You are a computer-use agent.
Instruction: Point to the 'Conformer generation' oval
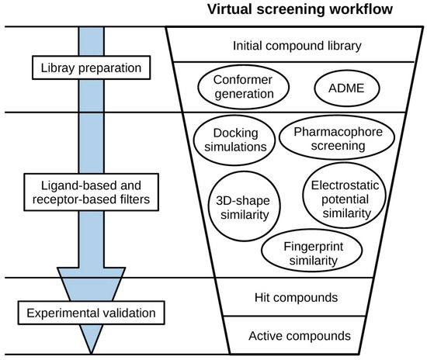(245, 88)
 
